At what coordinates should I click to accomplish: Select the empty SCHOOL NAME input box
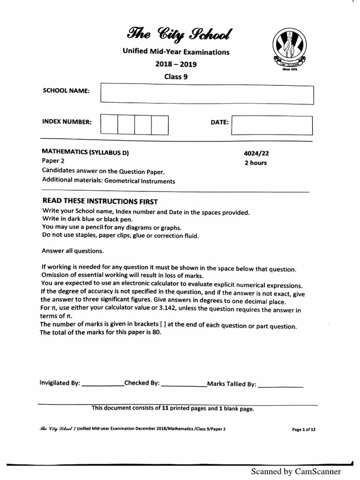coord(206,93)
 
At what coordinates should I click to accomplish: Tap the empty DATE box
coord(272,125)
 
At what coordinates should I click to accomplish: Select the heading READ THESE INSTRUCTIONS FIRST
coord(100,202)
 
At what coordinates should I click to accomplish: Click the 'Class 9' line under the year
coord(175,77)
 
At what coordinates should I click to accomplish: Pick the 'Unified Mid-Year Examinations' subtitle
coord(176,52)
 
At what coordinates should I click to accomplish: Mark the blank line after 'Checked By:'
coord(183,385)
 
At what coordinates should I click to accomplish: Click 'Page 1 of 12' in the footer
coord(304,429)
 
